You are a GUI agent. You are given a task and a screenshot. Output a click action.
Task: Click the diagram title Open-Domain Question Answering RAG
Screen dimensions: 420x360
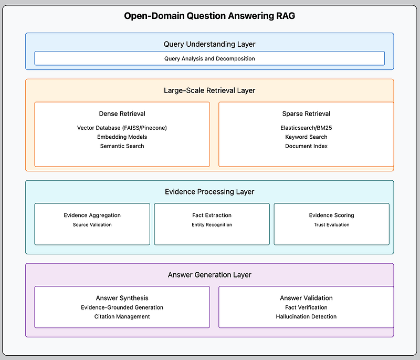point(209,16)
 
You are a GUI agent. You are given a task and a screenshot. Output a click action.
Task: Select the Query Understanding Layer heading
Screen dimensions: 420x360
point(209,44)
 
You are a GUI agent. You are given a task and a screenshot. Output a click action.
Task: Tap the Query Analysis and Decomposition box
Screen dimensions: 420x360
point(209,58)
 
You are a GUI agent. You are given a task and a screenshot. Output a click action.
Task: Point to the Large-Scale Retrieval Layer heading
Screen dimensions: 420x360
point(209,90)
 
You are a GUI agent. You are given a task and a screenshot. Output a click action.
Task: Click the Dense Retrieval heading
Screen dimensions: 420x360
point(122,114)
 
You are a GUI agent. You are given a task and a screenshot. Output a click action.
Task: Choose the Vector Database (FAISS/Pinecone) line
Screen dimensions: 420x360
point(122,128)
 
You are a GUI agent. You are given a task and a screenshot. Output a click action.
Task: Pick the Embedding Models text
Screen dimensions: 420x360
point(122,137)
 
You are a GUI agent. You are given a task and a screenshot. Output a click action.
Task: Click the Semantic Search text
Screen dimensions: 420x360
point(122,146)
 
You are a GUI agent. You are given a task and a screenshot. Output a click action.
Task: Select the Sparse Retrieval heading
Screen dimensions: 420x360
point(306,114)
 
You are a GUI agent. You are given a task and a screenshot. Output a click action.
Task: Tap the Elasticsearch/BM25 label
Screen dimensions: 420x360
point(306,128)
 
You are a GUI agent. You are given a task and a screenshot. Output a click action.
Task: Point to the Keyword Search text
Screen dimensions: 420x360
point(306,137)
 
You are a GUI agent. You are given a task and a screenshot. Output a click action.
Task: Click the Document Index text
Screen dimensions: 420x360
point(306,146)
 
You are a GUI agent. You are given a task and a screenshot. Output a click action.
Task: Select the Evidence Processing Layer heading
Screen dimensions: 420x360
point(209,192)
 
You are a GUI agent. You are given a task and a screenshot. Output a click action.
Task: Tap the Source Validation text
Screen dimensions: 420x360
point(92,224)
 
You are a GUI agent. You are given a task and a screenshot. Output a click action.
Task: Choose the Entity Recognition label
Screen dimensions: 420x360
point(212,224)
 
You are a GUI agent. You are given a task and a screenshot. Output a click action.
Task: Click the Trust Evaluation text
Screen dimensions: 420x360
point(332,224)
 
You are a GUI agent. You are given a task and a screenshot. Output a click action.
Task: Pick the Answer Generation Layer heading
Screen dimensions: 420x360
point(209,275)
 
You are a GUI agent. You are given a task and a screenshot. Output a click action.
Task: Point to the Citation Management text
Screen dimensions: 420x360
point(122,316)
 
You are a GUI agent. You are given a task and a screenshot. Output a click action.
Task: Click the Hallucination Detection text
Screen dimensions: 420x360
point(306,316)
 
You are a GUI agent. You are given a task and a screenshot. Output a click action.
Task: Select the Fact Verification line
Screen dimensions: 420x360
point(306,307)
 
